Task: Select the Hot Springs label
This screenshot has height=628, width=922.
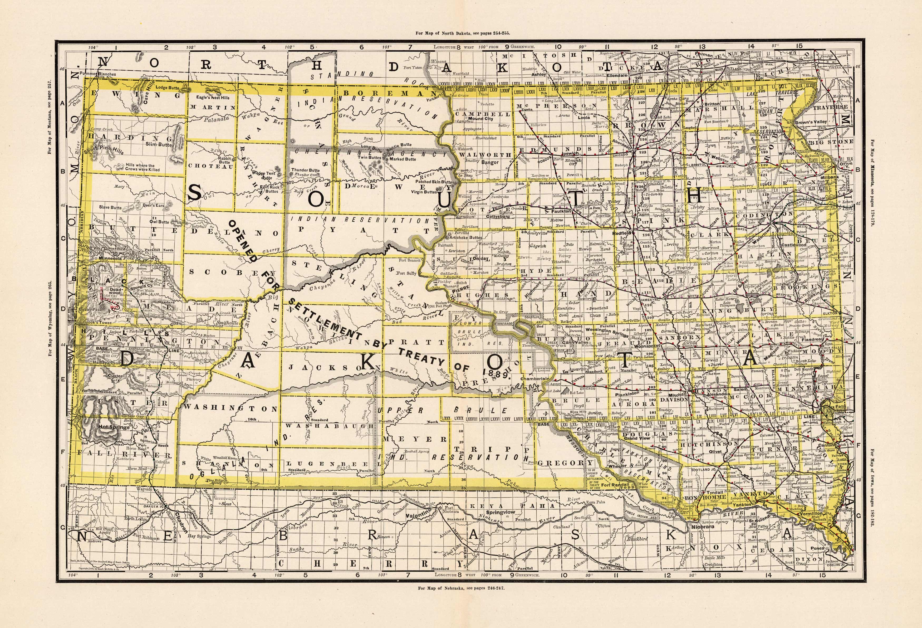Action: [x=114, y=427]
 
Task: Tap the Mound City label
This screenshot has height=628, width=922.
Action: [x=481, y=118]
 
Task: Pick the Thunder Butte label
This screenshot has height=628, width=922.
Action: [x=306, y=170]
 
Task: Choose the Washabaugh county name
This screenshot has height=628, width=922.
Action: [x=329, y=426]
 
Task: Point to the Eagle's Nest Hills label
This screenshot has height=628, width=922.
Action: [x=213, y=97]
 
